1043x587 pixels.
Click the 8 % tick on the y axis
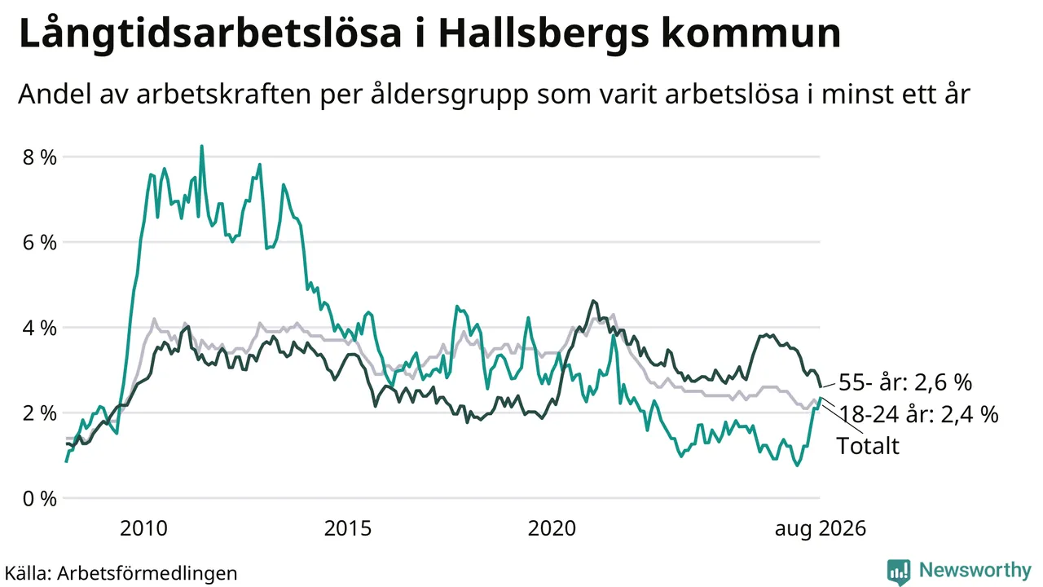40,157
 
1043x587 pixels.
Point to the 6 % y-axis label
40,243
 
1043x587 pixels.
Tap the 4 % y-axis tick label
40,328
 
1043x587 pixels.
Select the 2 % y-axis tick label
40,413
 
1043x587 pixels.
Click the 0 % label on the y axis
40,498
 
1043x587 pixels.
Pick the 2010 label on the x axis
143,529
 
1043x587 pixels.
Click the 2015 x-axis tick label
348,529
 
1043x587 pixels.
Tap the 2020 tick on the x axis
552,529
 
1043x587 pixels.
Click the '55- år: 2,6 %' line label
905,382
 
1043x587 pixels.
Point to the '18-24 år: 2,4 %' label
918,414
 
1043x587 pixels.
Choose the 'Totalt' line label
868,446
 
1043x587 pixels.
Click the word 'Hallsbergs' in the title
544,33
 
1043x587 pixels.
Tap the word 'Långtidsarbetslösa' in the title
210,33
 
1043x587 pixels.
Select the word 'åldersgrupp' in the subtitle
450,95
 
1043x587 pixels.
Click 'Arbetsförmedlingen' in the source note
147,573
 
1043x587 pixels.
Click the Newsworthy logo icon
899,572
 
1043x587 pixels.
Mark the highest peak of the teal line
201,146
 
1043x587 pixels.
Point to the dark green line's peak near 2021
593,301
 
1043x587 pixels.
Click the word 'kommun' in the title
751,33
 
